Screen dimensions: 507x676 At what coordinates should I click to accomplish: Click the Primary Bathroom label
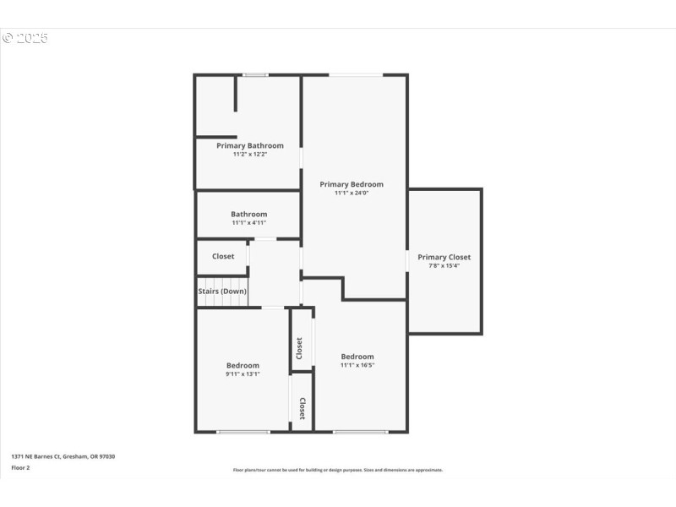tap(249, 145)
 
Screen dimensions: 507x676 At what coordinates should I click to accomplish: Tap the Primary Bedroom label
tap(351, 184)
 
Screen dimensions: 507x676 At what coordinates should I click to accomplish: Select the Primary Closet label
tap(444, 257)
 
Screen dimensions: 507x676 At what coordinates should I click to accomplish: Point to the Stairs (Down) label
tap(222, 291)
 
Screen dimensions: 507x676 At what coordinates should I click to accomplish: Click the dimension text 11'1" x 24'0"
tap(351, 194)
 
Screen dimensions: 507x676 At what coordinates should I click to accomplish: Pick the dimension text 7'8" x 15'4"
tap(444, 265)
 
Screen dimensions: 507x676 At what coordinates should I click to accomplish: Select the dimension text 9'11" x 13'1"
tap(242, 373)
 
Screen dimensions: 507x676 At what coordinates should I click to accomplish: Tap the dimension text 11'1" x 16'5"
tap(357, 365)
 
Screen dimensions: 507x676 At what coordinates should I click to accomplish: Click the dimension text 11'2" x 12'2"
tap(249, 155)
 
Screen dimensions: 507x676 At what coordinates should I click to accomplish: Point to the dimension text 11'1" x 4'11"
tap(248, 223)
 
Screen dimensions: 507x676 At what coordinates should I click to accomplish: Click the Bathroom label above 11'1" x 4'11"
tap(248, 214)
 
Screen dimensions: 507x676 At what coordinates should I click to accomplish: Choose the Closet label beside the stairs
tap(223, 256)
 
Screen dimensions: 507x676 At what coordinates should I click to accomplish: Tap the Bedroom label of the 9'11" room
tap(242, 365)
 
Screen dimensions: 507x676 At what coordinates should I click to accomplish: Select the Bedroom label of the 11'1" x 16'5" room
tap(357, 357)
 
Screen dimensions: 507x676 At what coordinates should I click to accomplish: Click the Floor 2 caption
tap(20, 467)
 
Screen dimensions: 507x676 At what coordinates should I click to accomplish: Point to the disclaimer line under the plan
tap(337, 470)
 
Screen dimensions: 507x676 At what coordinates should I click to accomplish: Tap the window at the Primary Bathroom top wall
tap(254, 75)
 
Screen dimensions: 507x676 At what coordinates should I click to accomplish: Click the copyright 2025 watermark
tap(25, 38)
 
